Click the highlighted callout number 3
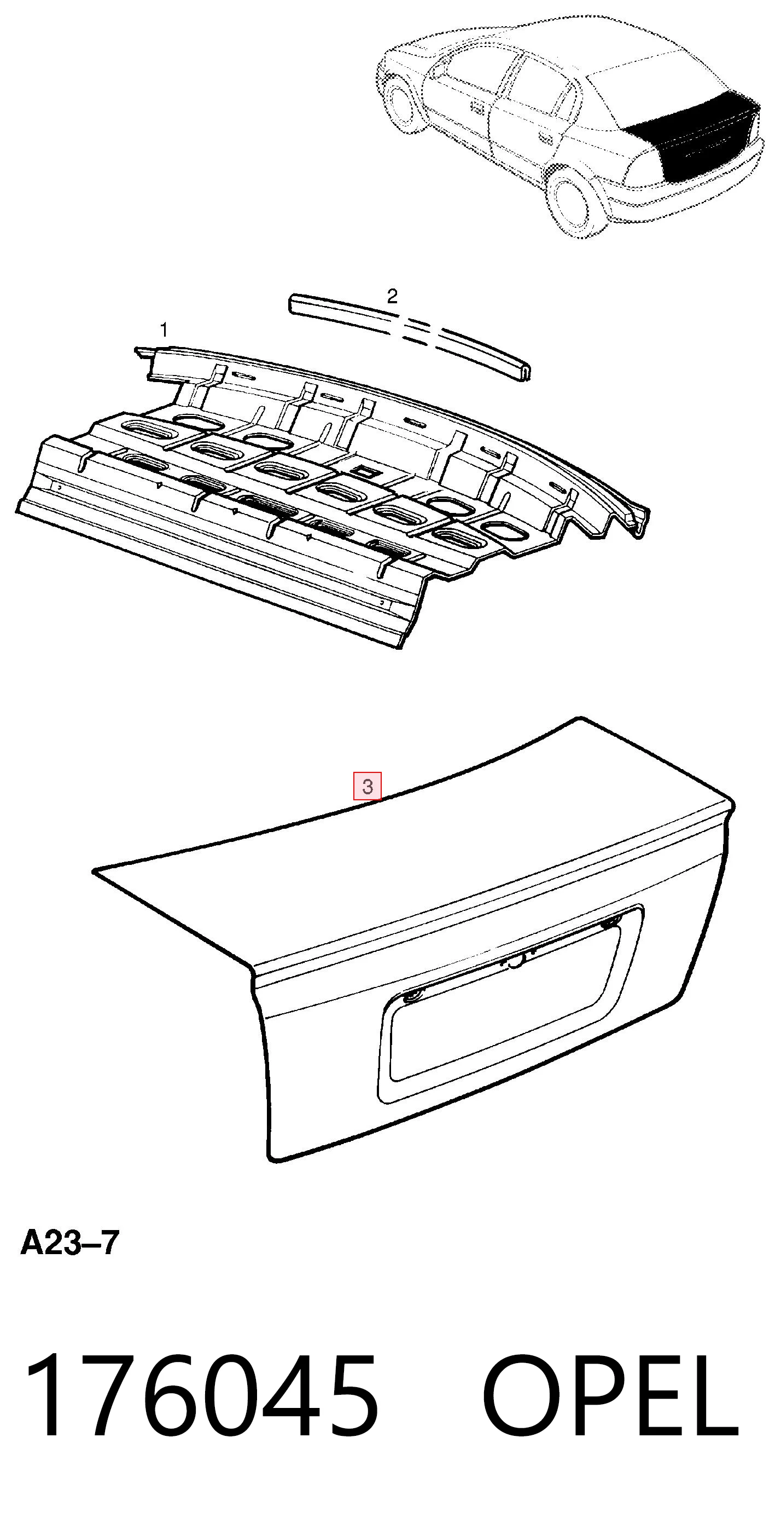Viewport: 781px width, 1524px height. pyautogui.click(x=367, y=786)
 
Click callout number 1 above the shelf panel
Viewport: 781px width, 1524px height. pyautogui.click(x=165, y=330)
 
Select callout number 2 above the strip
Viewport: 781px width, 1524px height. pyautogui.click(x=392, y=296)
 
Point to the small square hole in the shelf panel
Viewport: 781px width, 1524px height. pyautogui.click(x=362, y=471)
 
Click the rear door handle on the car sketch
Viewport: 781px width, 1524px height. pyautogui.click(x=546, y=141)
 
